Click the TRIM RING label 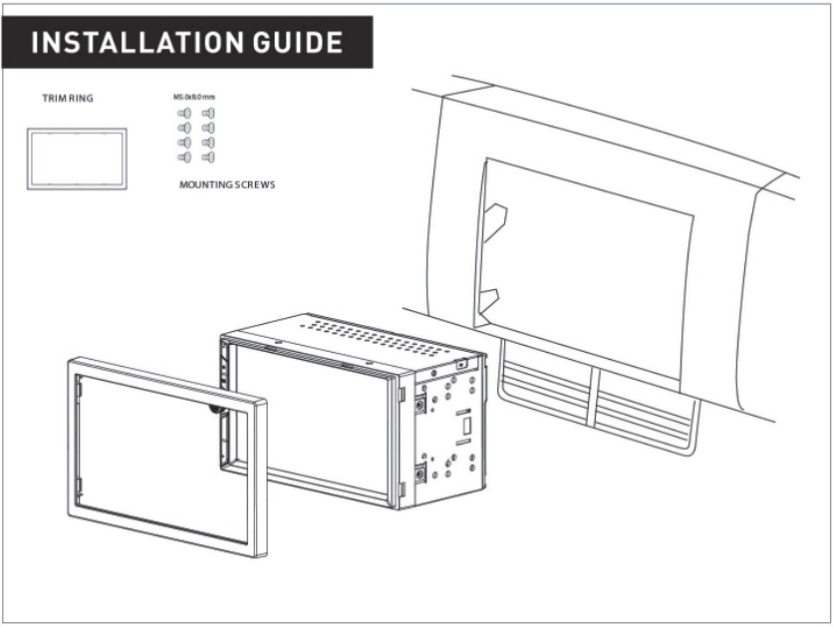[61, 99]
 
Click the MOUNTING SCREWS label [227, 185]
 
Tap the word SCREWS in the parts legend [253, 185]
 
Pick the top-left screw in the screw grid [184, 115]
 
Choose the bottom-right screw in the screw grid [208, 157]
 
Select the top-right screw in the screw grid [208, 115]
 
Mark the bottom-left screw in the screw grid [184, 157]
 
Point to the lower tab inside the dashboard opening [488, 296]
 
